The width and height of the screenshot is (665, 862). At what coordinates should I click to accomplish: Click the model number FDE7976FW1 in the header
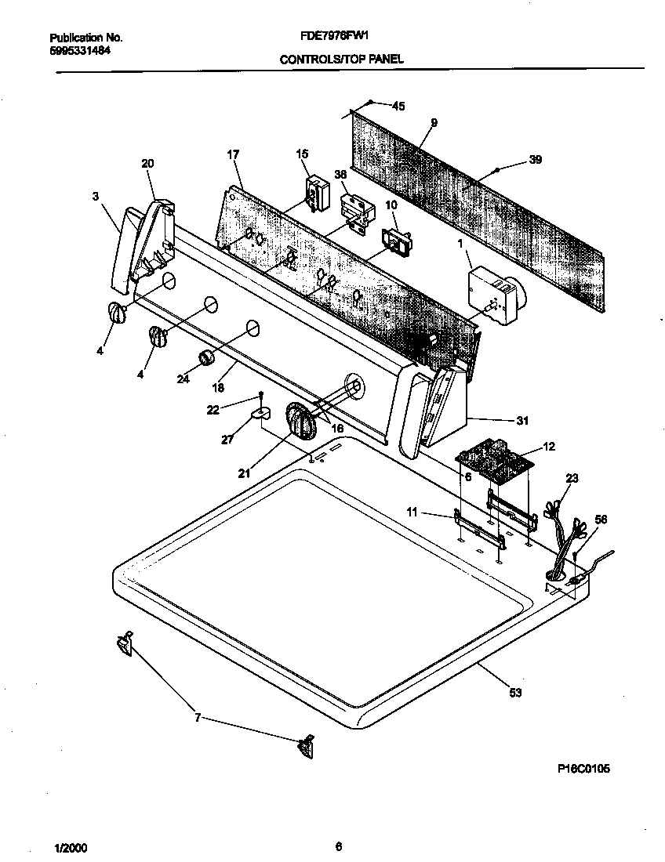point(335,36)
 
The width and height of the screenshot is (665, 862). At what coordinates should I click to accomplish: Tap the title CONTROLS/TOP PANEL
point(342,59)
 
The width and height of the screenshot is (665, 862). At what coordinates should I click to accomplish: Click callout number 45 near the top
point(398,106)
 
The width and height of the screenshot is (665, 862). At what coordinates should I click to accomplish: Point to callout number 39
point(535,160)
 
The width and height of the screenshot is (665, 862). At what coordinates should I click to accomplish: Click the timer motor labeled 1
point(494,294)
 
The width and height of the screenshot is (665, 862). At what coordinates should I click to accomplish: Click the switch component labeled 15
point(316,193)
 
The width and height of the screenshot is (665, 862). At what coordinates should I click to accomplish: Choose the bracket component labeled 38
point(355,212)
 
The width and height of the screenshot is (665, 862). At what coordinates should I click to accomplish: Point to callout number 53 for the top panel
point(515,692)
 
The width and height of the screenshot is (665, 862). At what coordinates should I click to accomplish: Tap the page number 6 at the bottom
point(338,846)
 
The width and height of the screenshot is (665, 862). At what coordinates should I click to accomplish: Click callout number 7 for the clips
point(198,716)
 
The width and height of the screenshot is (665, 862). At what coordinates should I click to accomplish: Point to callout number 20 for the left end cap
point(147,163)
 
